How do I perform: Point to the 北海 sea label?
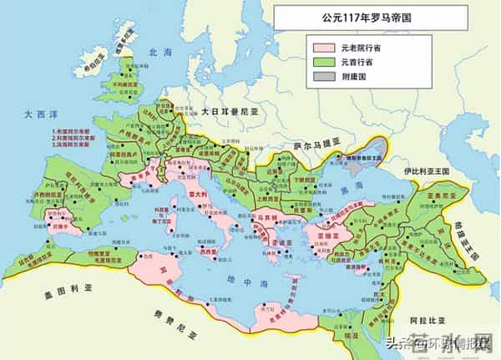(x=157, y=53)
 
